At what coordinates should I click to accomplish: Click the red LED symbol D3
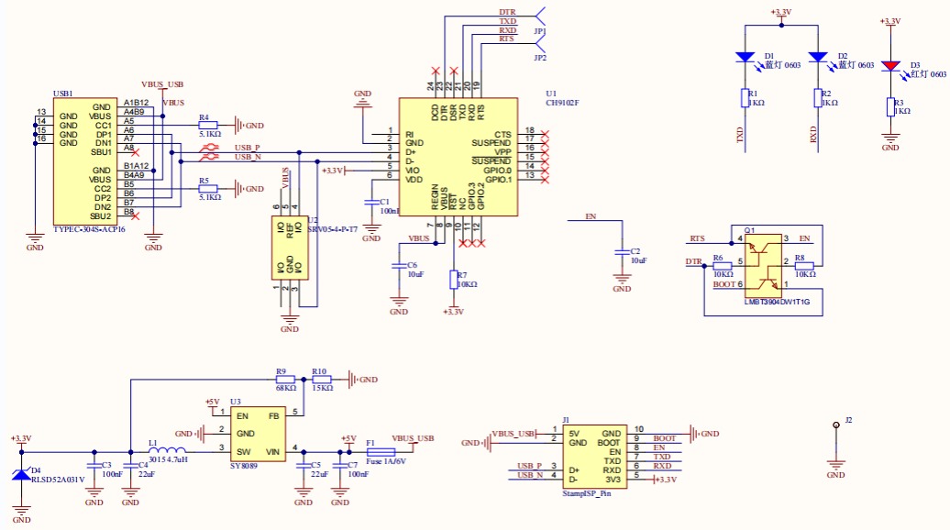[x=890, y=66]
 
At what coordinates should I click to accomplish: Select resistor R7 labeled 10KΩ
[x=453, y=280]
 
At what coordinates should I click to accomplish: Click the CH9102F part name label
[x=562, y=104]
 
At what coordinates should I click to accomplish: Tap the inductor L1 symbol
[x=168, y=450]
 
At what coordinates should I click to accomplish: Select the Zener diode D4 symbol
[x=20, y=475]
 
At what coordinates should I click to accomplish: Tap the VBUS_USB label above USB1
[x=162, y=84]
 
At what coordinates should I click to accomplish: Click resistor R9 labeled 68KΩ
[x=285, y=379]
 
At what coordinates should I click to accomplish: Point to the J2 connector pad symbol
[x=835, y=426]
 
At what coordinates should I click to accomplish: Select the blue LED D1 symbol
[x=745, y=57]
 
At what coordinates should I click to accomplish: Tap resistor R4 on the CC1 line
[x=208, y=126]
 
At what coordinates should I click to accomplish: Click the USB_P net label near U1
[x=247, y=147]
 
